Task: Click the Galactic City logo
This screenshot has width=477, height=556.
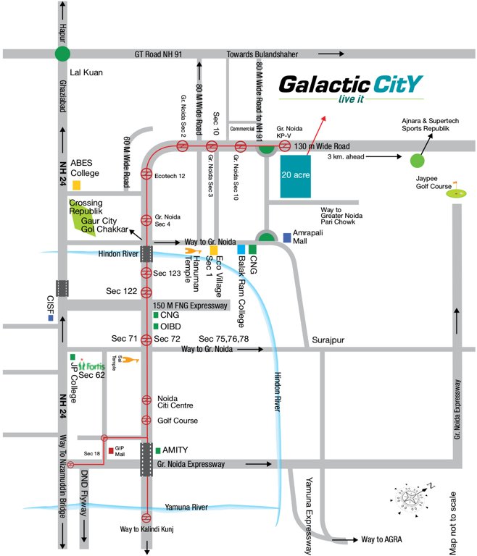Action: [x=351, y=88]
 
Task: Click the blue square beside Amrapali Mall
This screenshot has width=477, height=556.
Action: [x=287, y=237]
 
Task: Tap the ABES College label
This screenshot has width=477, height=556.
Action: [x=85, y=168]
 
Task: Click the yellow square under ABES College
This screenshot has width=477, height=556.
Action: [x=76, y=185]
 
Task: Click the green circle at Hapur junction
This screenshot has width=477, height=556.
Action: [x=63, y=53]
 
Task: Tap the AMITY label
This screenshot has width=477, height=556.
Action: [x=177, y=450]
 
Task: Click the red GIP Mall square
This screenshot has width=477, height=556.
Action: [x=111, y=450]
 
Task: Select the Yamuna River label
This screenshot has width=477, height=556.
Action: [x=186, y=507]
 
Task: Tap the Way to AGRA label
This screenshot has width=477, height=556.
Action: [x=381, y=539]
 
